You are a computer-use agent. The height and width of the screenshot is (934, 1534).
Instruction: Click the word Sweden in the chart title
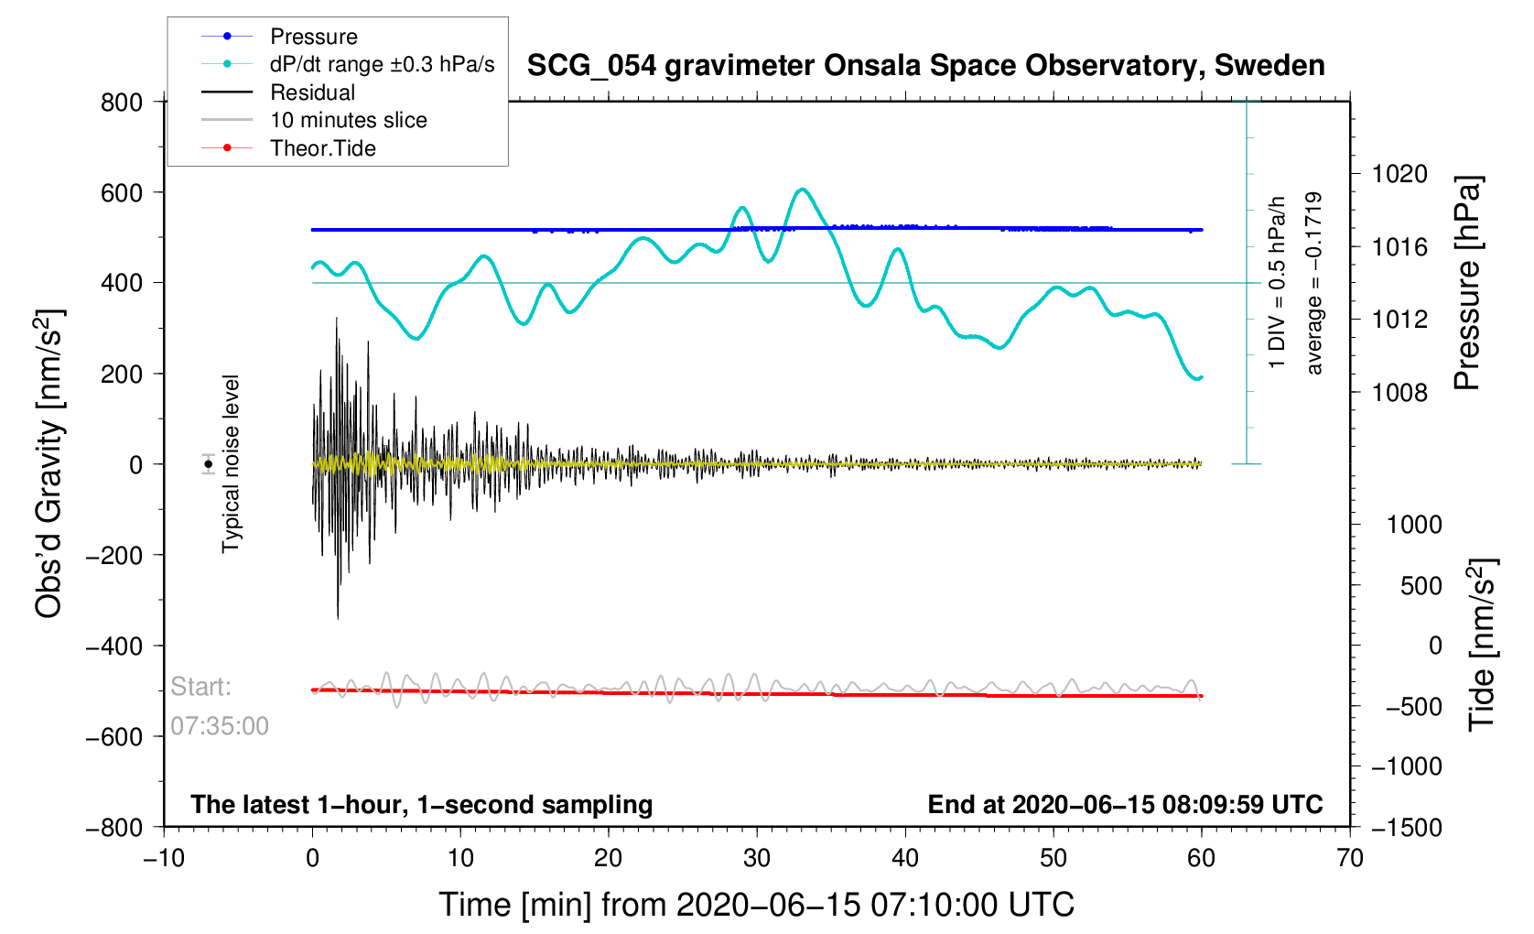tap(1269, 65)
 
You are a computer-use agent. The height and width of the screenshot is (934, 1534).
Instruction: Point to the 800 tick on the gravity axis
tap(121, 103)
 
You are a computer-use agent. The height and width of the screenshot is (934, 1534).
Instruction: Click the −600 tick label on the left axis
tap(113, 736)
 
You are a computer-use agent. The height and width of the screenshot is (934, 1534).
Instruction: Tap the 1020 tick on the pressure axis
tap(1399, 174)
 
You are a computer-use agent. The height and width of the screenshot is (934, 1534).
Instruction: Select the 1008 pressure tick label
tap(1399, 393)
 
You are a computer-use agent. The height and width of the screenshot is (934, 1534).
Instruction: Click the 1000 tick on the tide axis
tap(1414, 525)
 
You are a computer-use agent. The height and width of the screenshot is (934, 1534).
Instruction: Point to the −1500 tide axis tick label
tap(1407, 827)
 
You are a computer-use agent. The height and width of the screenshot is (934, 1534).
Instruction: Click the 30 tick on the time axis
tap(757, 857)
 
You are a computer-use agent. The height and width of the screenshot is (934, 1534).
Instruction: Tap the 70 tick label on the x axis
tap(1350, 857)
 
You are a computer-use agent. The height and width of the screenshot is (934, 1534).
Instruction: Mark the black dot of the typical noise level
tap(208, 464)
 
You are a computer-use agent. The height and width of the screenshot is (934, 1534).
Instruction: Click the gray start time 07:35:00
tap(220, 726)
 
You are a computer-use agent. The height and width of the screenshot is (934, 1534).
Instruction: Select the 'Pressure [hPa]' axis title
tap(1466, 284)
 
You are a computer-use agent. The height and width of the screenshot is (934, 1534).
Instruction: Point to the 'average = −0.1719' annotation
tap(1313, 283)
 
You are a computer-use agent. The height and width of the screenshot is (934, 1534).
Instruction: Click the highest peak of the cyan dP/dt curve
tap(802, 189)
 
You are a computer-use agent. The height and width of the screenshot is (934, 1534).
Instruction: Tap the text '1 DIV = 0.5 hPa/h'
tap(1276, 283)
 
